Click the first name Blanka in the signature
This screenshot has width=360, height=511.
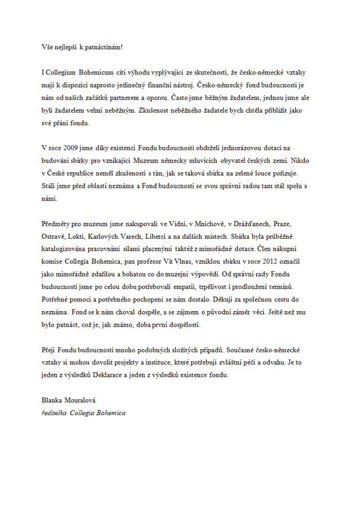point(53,400)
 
